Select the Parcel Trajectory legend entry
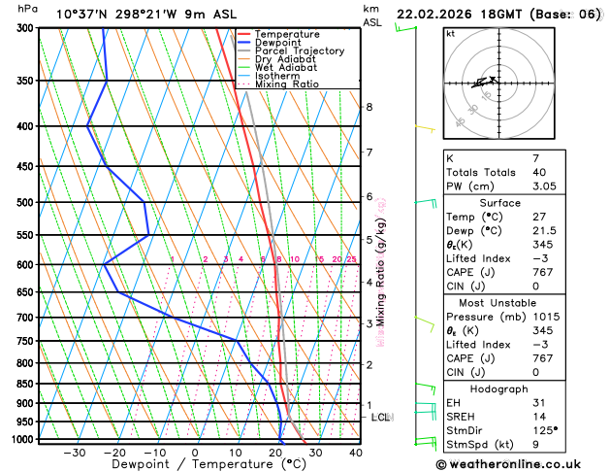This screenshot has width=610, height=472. [299, 51]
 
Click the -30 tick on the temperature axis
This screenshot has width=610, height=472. [74, 453]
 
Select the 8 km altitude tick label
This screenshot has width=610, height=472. [369, 107]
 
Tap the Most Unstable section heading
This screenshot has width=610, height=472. [514, 302]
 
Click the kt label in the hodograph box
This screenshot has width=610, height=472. [450, 33]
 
